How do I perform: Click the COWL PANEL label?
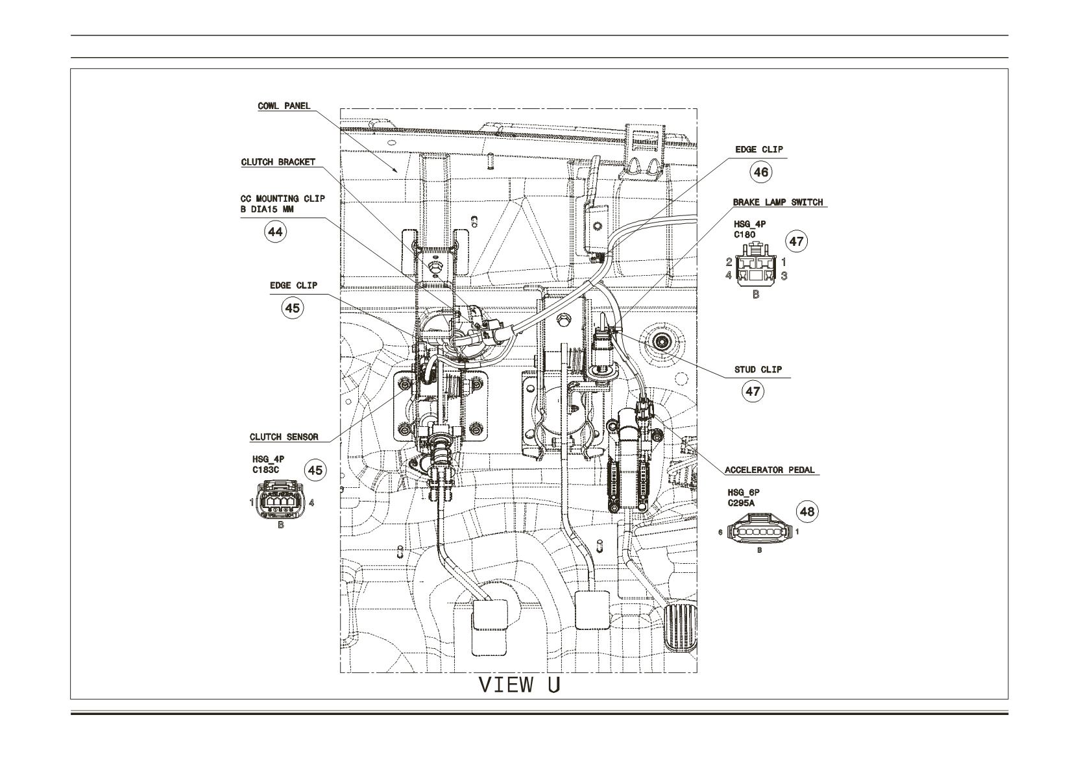pos(284,106)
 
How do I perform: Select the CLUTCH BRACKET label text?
pos(278,162)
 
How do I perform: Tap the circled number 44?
pos(275,232)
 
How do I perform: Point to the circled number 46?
pos(760,172)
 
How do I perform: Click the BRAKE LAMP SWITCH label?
pos(778,202)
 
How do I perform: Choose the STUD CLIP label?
pos(758,370)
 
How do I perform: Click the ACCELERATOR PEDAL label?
pos(770,470)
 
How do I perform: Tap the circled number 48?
pos(807,511)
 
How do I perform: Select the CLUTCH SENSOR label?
pos(284,437)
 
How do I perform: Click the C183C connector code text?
pos(265,470)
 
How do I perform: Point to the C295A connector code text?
pos(742,503)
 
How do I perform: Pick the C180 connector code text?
pos(745,235)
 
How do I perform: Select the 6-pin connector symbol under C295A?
pos(760,530)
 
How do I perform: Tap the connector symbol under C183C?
pos(281,500)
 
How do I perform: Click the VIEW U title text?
pos(520,685)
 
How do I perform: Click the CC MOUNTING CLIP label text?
pos(283,199)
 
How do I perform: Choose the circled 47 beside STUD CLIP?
pos(753,392)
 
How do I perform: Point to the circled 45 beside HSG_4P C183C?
pos(315,470)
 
